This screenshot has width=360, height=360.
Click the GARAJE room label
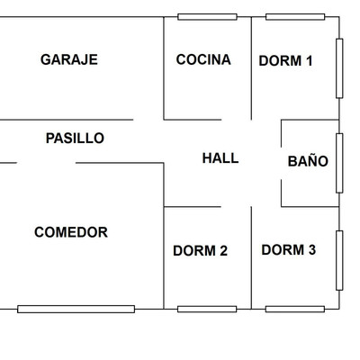[x=69, y=59]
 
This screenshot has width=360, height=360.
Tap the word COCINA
[x=203, y=59]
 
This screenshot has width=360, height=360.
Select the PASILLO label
[x=75, y=139]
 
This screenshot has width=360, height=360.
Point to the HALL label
[x=220, y=158]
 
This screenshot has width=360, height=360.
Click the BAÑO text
[x=308, y=160]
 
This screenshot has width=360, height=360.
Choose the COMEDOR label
[x=71, y=232]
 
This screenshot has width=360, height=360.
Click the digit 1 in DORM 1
[x=309, y=60]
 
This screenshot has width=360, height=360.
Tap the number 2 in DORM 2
[x=223, y=251]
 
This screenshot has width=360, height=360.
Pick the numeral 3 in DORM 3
[x=312, y=250]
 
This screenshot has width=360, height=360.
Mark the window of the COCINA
[x=207, y=17]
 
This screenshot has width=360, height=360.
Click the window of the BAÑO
[x=339, y=163]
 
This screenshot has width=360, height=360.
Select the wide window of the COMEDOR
[x=76, y=309]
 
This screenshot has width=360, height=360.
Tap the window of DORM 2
[x=207, y=309]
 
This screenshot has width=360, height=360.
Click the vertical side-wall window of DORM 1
[x=339, y=68]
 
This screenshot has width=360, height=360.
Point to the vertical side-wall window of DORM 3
[x=339, y=260]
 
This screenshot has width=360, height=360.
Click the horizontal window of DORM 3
[x=295, y=309]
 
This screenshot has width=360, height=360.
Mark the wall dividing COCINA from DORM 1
[x=251, y=68]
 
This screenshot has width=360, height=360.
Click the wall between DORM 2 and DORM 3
[x=251, y=257]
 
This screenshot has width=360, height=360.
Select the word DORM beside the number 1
[x=281, y=60]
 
